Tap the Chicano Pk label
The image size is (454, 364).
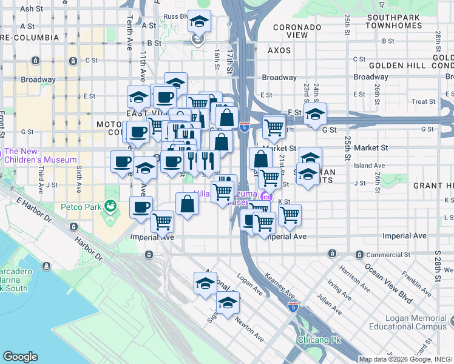coord(314,339)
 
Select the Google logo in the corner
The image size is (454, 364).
coord(20,357)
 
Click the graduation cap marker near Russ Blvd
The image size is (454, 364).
coord(199,22)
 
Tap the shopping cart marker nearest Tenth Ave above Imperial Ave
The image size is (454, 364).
coord(162,222)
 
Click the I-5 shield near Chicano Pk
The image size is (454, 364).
coord(293,308)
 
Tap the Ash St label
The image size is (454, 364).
coord(28,9)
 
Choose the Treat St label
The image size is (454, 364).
coord(420,102)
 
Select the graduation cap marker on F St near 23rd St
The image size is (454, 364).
coord(315,114)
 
